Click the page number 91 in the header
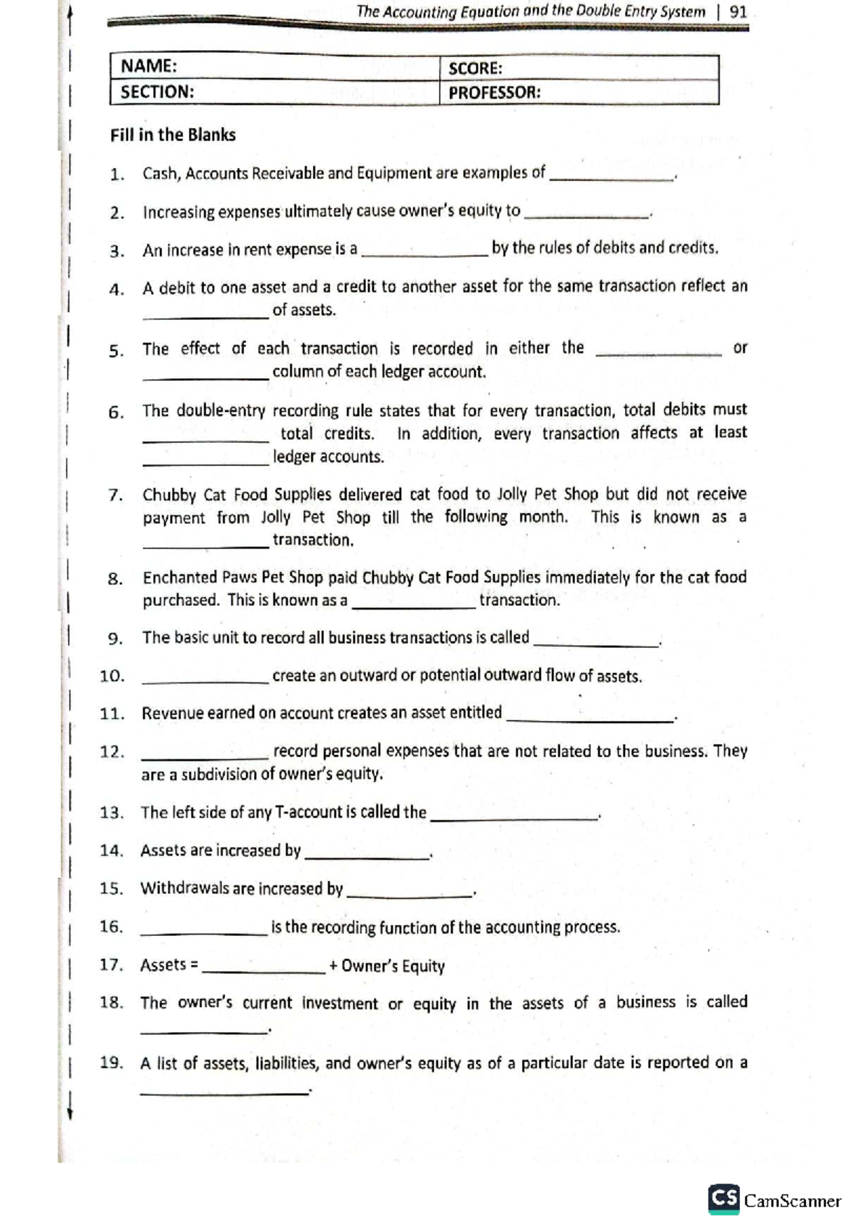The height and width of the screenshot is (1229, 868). [x=739, y=12]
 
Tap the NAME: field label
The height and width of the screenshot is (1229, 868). [x=148, y=67]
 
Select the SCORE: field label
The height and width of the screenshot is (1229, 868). [x=475, y=69]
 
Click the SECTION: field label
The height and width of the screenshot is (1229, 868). [x=157, y=92]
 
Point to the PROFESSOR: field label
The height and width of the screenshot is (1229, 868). [x=494, y=93]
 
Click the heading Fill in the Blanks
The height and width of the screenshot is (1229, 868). [x=173, y=135]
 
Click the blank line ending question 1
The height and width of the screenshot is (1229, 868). [x=611, y=177]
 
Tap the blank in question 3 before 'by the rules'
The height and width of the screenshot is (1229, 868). [x=424, y=253]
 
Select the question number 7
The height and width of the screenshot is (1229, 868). [x=115, y=496]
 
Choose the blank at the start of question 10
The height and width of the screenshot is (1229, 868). [x=205, y=680]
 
